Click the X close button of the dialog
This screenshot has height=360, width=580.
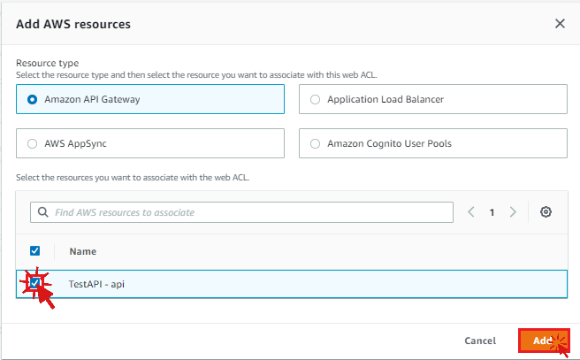(560, 24)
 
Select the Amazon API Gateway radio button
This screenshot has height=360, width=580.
(32, 100)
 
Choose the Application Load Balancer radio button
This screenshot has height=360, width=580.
(315, 100)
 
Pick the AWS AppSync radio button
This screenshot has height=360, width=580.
(32, 143)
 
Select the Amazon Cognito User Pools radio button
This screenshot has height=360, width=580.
(315, 143)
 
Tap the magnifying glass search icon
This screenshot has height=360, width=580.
(43, 212)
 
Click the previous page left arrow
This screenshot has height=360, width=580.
(471, 212)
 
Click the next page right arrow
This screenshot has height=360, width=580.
(513, 212)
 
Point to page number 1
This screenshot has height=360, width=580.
(492, 212)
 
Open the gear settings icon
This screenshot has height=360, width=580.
(546, 212)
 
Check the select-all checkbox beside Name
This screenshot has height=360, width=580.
(34, 251)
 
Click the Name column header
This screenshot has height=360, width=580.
(83, 251)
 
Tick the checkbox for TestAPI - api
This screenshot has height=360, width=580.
(34, 283)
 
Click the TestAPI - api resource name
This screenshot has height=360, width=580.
(96, 284)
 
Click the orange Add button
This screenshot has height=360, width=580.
(544, 341)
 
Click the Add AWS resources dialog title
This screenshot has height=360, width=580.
(73, 24)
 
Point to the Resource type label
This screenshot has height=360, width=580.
(48, 64)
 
